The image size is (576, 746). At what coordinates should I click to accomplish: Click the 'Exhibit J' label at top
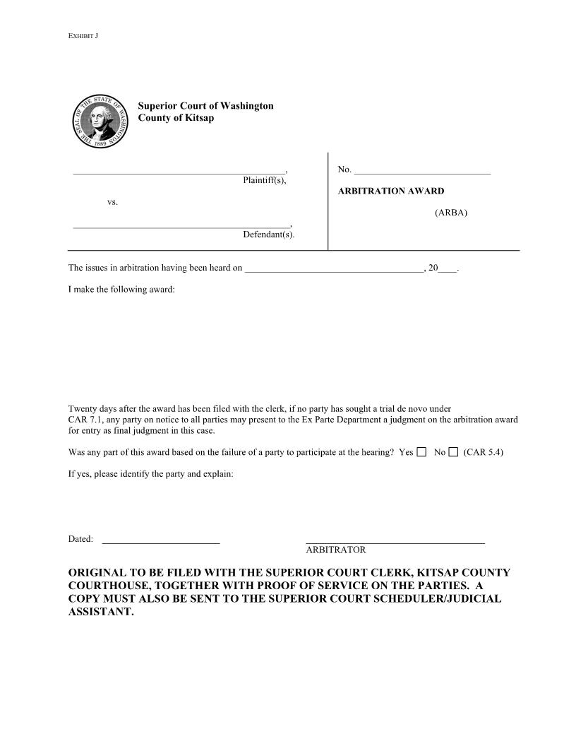(83, 35)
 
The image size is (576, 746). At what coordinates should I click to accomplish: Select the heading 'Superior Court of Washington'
(205, 106)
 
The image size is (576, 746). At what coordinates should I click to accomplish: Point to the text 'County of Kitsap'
(176, 118)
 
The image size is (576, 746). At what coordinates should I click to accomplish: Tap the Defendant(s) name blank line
(181, 227)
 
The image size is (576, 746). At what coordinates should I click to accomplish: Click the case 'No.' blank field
(422, 172)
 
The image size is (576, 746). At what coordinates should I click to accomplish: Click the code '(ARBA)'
(451, 212)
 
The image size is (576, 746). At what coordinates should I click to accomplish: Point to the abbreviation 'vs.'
(112, 203)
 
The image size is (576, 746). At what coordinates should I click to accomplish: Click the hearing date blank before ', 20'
(333, 270)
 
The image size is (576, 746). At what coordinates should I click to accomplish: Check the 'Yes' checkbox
(421, 452)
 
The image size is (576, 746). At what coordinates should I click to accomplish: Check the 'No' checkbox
(453, 452)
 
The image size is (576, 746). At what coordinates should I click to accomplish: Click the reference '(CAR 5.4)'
(484, 452)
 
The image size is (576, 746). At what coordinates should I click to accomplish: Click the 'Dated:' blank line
(161, 542)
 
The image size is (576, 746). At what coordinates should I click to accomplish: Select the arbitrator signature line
(395, 541)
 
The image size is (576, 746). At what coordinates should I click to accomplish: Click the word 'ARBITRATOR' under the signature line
(335, 550)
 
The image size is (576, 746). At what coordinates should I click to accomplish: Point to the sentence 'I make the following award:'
(121, 290)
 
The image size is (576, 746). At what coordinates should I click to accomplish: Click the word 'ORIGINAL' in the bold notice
(96, 572)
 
